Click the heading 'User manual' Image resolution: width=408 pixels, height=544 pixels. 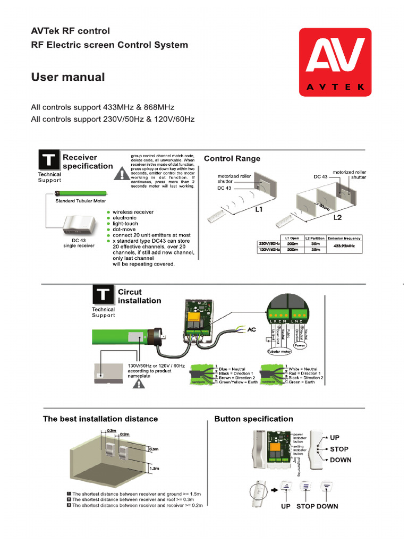[68, 78]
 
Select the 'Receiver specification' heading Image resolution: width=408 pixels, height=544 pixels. [88, 161]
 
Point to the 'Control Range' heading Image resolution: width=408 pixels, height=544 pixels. [232, 158]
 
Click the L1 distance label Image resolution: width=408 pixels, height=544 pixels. [259, 210]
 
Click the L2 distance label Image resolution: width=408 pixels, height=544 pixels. [338, 218]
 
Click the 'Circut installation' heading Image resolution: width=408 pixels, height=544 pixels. [139, 296]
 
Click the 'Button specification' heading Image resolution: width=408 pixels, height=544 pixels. [253, 419]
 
